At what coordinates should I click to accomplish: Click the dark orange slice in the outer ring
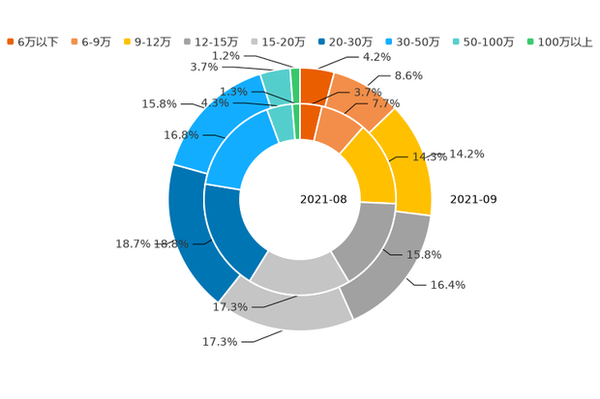coord(315,85)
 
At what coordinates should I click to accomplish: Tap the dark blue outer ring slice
coord(188,232)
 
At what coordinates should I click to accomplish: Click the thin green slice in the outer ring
coord(295,82)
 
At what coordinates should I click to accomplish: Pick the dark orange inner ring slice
coord(309,120)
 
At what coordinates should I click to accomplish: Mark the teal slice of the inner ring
coord(281,122)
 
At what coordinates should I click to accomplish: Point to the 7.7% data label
coord(386,103)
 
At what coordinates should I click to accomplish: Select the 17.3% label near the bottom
coord(229,307)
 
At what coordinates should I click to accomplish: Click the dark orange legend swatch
coord(11,42)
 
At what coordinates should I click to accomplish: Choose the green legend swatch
coord(530,42)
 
